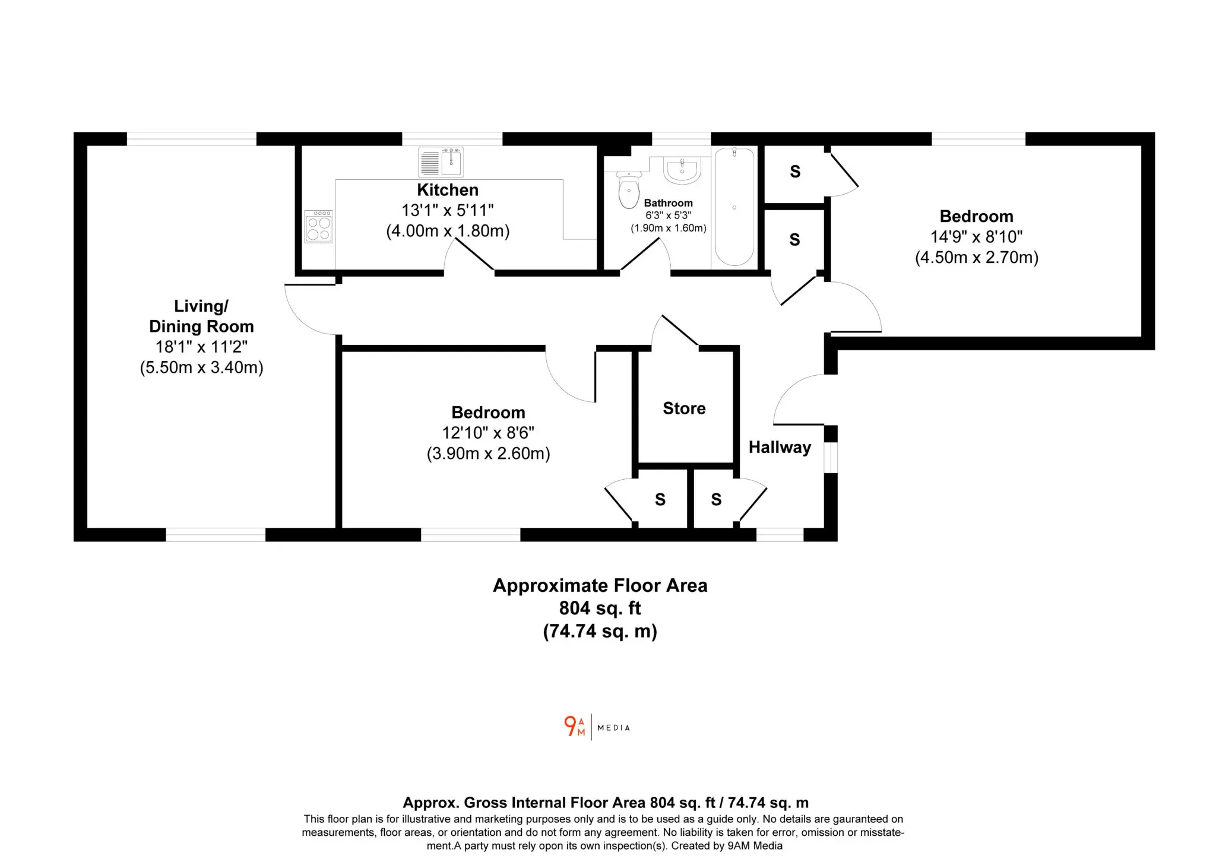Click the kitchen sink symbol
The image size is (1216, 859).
pyautogui.click(x=441, y=162)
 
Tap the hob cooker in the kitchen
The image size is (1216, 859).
pyautogui.click(x=319, y=226)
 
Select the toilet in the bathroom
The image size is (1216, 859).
pyautogui.click(x=629, y=189)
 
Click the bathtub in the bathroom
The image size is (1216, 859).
pyautogui.click(x=734, y=207)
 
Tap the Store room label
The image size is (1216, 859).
pyautogui.click(x=684, y=408)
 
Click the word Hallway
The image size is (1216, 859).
pyautogui.click(x=780, y=447)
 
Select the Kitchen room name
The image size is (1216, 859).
pyautogui.click(x=448, y=190)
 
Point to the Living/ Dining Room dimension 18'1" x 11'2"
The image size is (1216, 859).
pyautogui.click(x=201, y=347)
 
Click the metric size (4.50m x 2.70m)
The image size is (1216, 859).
pyautogui.click(x=977, y=258)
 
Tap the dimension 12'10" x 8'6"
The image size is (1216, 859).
pyautogui.click(x=488, y=433)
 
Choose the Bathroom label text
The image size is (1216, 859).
pyautogui.click(x=669, y=203)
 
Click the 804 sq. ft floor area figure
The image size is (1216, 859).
pyautogui.click(x=600, y=608)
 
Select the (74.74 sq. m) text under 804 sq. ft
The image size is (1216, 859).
pyautogui.click(x=600, y=631)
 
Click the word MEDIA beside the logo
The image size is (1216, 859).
pyautogui.click(x=614, y=728)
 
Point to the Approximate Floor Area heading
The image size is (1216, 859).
pyautogui.click(x=600, y=586)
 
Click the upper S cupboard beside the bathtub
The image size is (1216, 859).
pyautogui.click(x=795, y=172)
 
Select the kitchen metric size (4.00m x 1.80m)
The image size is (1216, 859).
pyautogui.click(x=448, y=231)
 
